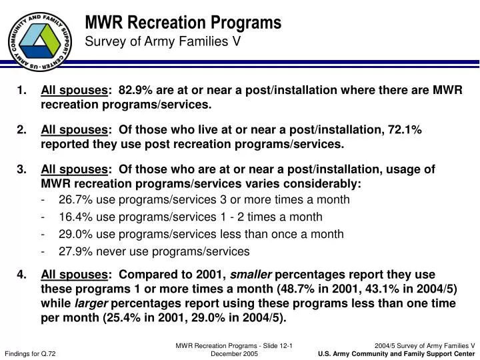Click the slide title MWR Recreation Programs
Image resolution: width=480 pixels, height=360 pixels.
coord(183,23)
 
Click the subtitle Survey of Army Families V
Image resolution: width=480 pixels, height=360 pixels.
coord(163,42)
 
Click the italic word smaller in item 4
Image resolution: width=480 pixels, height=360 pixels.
coord(251,275)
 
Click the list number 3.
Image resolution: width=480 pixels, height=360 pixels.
coord(21,169)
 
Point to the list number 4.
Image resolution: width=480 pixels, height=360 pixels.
coord(21,275)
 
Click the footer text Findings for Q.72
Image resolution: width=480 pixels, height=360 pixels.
coord(30,354)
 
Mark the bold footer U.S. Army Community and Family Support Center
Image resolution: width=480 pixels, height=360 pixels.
coord(397,354)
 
